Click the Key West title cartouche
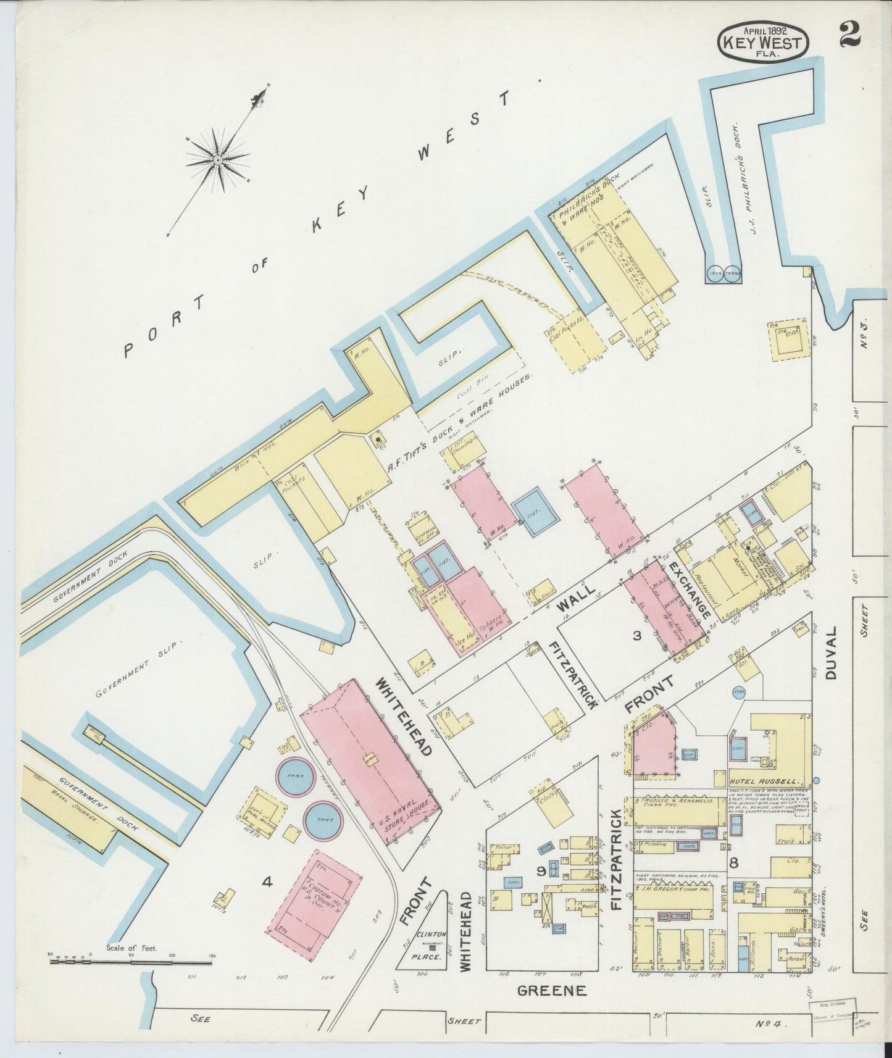coord(762,43)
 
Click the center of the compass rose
coord(217,160)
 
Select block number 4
coord(267,883)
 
